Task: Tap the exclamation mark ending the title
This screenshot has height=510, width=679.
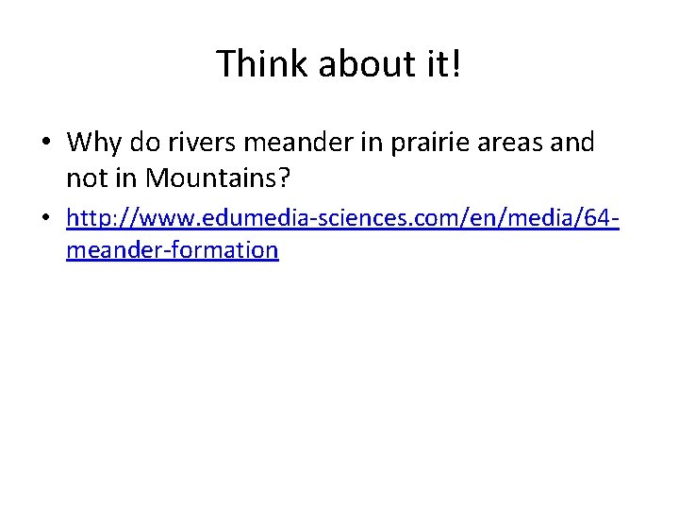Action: click(456, 64)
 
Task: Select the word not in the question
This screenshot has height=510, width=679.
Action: click(85, 176)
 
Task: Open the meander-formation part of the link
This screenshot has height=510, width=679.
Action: click(173, 250)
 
